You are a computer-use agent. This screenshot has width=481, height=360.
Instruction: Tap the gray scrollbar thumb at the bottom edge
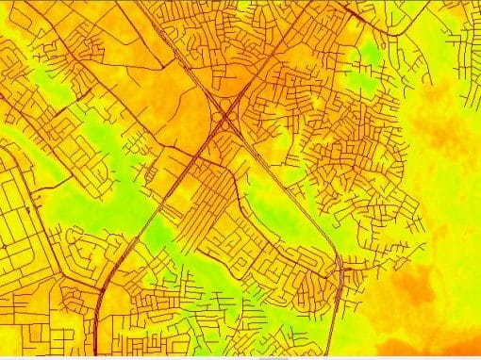click(274, 357)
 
